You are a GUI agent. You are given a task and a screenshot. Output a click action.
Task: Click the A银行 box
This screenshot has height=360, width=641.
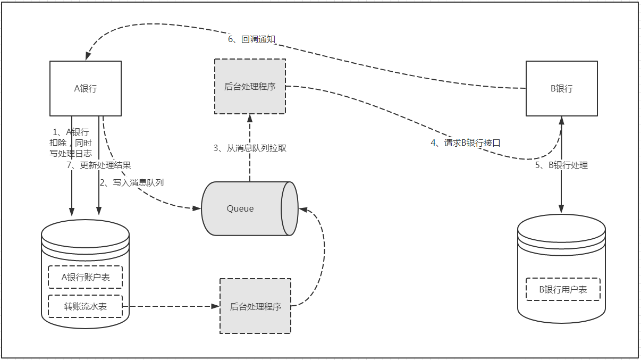[86, 88]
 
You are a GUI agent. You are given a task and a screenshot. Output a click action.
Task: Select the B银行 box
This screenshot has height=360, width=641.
[561, 88]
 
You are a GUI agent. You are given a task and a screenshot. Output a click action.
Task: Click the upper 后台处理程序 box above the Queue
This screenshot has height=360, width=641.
[250, 86]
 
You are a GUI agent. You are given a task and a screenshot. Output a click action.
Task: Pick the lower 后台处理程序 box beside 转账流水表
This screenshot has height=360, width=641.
[256, 306]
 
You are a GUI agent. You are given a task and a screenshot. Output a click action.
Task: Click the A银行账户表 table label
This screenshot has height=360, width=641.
[86, 277]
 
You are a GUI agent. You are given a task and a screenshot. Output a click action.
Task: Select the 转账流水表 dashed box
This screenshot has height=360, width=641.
[86, 306]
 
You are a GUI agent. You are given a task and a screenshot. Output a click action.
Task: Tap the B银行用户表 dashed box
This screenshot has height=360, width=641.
[563, 289]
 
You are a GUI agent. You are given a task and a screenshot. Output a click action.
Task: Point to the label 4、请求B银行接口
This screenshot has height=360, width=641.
[465, 143]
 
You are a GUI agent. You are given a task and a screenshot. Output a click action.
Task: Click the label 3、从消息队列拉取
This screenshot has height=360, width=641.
[250, 148]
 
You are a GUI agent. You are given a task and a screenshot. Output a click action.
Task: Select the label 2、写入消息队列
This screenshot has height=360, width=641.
[131, 182]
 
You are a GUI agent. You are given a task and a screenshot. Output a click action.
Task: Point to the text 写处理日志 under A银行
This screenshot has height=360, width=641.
[71, 153]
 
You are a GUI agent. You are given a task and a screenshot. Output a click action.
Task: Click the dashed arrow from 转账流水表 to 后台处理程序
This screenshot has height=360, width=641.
[170, 306]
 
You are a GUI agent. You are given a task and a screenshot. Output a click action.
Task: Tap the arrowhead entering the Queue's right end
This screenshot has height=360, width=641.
[301, 209]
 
